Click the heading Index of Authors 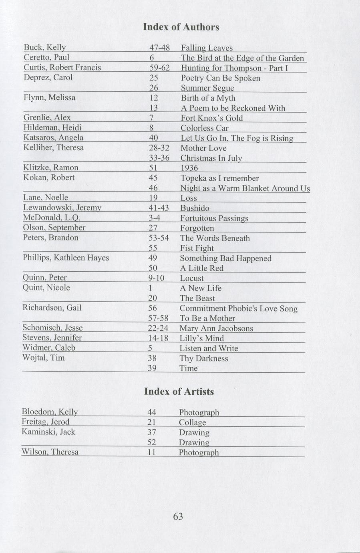(x=181, y=27)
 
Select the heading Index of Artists (x=179, y=392)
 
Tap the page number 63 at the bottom (x=178, y=517)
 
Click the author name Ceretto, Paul (x=46, y=58)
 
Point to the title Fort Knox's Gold (x=211, y=118)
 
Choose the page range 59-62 (x=159, y=68)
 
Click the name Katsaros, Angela (x=53, y=138)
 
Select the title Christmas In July (x=211, y=158)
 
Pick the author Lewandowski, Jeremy (x=62, y=208)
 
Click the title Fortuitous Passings (x=214, y=218)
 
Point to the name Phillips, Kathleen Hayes (x=66, y=258)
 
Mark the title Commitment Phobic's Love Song (x=238, y=308)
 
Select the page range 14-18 (x=158, y=338)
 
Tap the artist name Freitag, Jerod (x=46, y=422)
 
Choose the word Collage (x=192, y=422)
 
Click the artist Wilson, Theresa (x=50, y=452)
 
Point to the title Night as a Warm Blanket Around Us (x=245, y=188)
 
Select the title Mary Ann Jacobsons (x=216, y=328)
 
